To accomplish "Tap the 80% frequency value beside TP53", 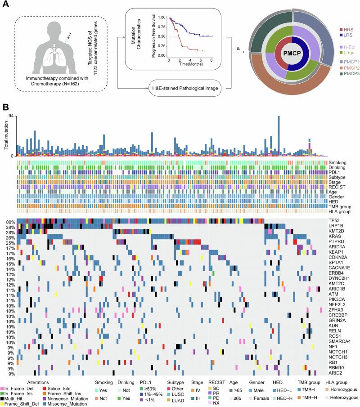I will pyautogui.click(x=10, y=222).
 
